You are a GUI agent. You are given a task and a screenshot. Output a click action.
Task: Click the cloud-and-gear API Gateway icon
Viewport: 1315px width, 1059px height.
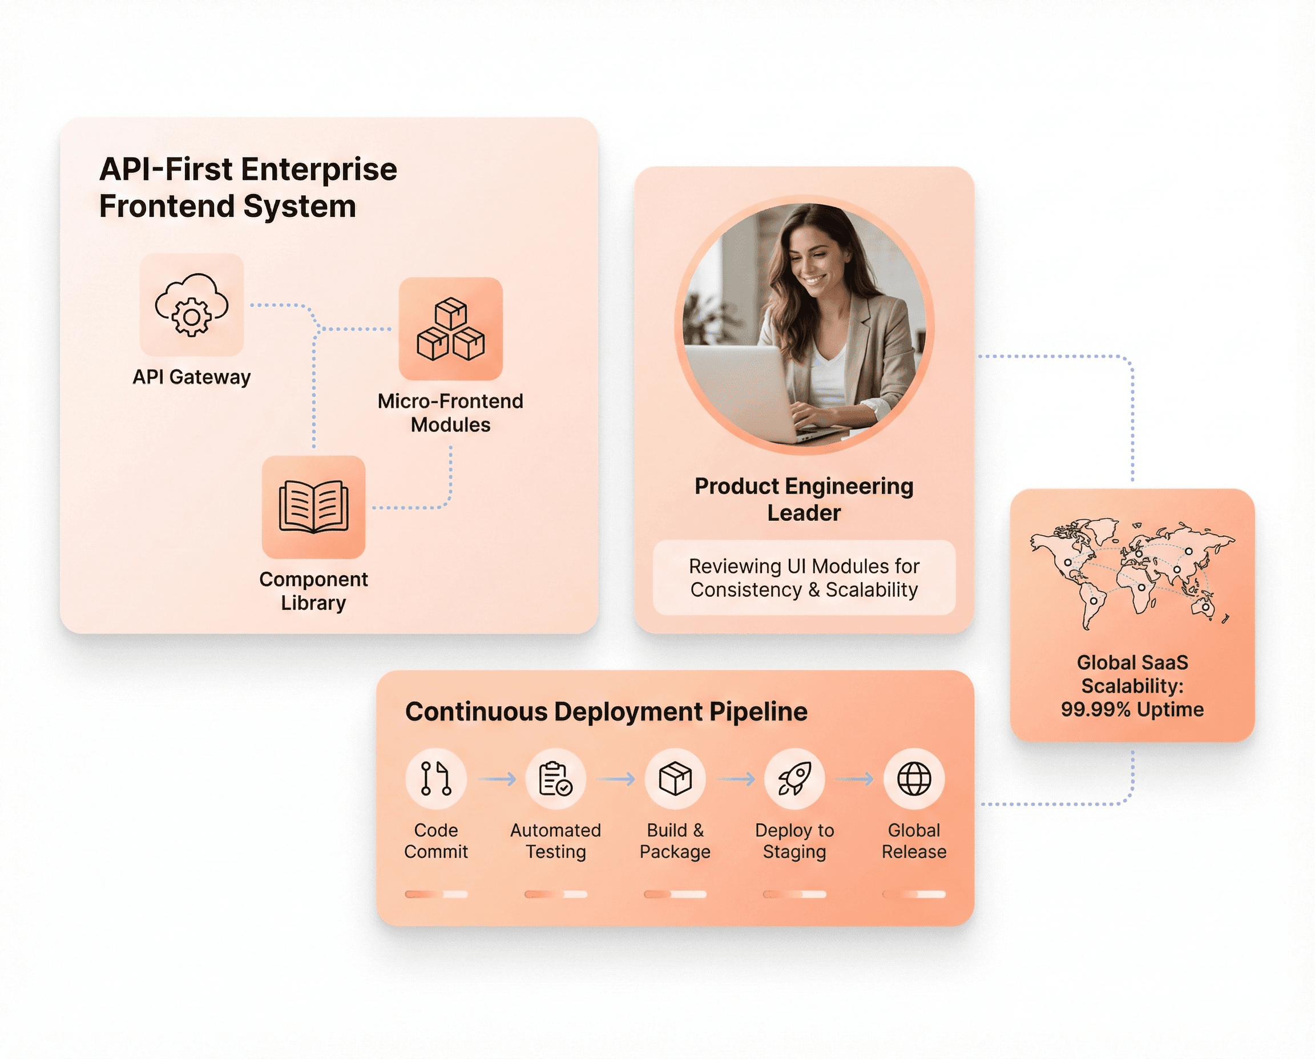[x=192, y=305]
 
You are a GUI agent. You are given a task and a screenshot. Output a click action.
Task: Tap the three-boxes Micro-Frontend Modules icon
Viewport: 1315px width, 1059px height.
[x=450, y=329]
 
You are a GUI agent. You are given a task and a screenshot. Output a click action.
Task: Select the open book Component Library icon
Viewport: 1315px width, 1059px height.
[x=314, y=507]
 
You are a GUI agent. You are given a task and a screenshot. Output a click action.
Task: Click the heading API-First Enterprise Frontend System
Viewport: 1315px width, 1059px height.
[x=248, y=187]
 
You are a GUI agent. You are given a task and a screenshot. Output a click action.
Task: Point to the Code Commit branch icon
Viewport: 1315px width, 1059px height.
[x=435, y=778]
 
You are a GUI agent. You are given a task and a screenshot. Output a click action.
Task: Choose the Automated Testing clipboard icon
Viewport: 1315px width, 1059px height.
[x=555, y=778]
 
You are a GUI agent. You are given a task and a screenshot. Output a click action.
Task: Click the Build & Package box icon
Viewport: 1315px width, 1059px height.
[x=675, y=778]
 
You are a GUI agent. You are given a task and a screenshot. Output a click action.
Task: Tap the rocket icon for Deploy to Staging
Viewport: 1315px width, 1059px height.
[x=794, y=778]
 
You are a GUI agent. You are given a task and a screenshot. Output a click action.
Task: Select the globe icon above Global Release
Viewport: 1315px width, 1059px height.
[x=914, y=778]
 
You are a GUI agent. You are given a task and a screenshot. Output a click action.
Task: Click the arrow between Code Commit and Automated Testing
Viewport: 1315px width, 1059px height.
[x=497, y=779]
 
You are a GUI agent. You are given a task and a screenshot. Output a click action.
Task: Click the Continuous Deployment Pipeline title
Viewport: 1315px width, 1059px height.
[x=606, y=712]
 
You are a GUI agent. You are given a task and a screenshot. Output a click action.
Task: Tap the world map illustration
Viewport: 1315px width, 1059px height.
[x=1132, y=573]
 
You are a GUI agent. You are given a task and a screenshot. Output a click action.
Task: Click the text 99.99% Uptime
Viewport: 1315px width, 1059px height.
[x=1132, y=709]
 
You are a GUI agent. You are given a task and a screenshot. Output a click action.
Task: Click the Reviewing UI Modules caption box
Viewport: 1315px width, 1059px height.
[x=804, y=577]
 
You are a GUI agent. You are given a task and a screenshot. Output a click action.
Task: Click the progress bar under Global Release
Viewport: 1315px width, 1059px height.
[x=914, y=894]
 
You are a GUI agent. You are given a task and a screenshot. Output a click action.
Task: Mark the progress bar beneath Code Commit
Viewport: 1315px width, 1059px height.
[x=435, y=894]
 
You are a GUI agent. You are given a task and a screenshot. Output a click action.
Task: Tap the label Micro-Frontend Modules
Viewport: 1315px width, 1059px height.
[x=450, y=413]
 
